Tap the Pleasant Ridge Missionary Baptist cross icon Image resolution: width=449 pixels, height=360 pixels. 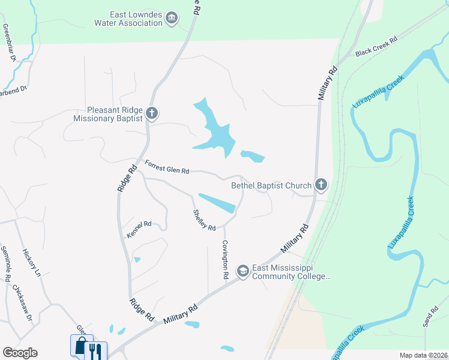(x=152, y=113)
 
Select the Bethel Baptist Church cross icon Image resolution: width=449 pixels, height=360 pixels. (x=321, y=185)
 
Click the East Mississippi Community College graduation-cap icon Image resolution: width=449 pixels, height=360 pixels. (x=243, y=271)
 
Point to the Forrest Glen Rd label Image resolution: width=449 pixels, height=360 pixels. (x=167, y=167)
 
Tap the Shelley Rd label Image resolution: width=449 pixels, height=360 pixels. (x=204, y=220)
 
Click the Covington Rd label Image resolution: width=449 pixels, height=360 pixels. (x=225, y=259)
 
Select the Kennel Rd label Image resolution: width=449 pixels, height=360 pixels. (x=139, y=230)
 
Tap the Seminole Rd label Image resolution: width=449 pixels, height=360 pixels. (x=6, y=264)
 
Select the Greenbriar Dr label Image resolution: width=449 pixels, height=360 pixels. (x=9, y=43)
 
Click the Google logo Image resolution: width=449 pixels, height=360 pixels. (x=20, y=353)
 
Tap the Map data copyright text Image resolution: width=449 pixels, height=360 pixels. (x=423, y=355)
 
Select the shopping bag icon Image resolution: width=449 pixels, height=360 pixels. (x=82, y=346)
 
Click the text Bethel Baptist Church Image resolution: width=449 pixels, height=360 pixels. (x=271, y=185)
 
